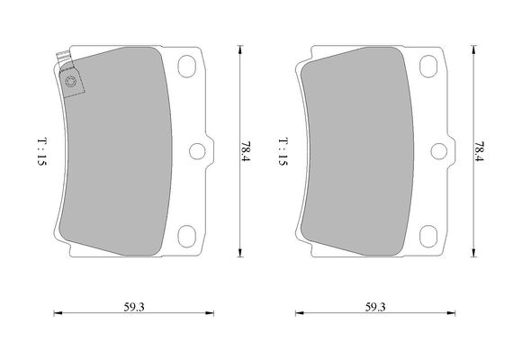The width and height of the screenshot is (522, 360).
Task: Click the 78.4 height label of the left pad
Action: pyautogui.click(x=246, y=152)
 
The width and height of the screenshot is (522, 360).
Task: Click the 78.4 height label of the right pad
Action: pyautogui.click(x=479, y=152)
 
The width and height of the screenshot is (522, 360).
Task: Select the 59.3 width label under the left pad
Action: pyautogui.click(x=134, y=307)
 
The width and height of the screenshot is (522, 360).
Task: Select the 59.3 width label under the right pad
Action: pyautogui.click(x=375, y=307)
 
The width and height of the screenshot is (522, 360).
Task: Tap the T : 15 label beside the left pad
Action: pyautogui.click(x=42, y=152)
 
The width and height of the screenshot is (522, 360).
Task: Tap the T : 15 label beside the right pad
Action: pyautogui.click(x=283, y=152)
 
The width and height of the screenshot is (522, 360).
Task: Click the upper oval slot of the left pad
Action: pyautogui.click(x=187, y=67)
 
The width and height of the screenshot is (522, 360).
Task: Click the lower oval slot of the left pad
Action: pyautogui.click(x=187, y=236)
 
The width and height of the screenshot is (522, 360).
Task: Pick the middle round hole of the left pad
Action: pyautogui.click(x=197, y=151)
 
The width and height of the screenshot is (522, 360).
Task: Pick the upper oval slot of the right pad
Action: pyautogui.click(x=428, y=67)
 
